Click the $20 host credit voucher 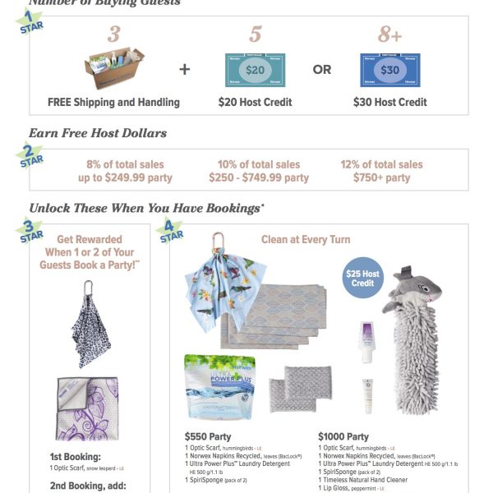(x=255, y=70)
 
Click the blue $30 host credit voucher (x=389, y=70)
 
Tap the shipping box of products (x=114, y=67)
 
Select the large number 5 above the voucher (x=255, y=35)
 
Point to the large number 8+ (x=389, y=35)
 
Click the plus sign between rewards (x=184, y=70)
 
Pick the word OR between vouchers (x=321, y=70)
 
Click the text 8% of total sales (x=114, y=164)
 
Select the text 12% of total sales (x=381, y=164)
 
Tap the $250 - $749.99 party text (x=258, y=177)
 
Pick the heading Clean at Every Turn (x=306, y=239)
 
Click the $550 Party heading (x=208, y=436)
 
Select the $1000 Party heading (x=343, y=436)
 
